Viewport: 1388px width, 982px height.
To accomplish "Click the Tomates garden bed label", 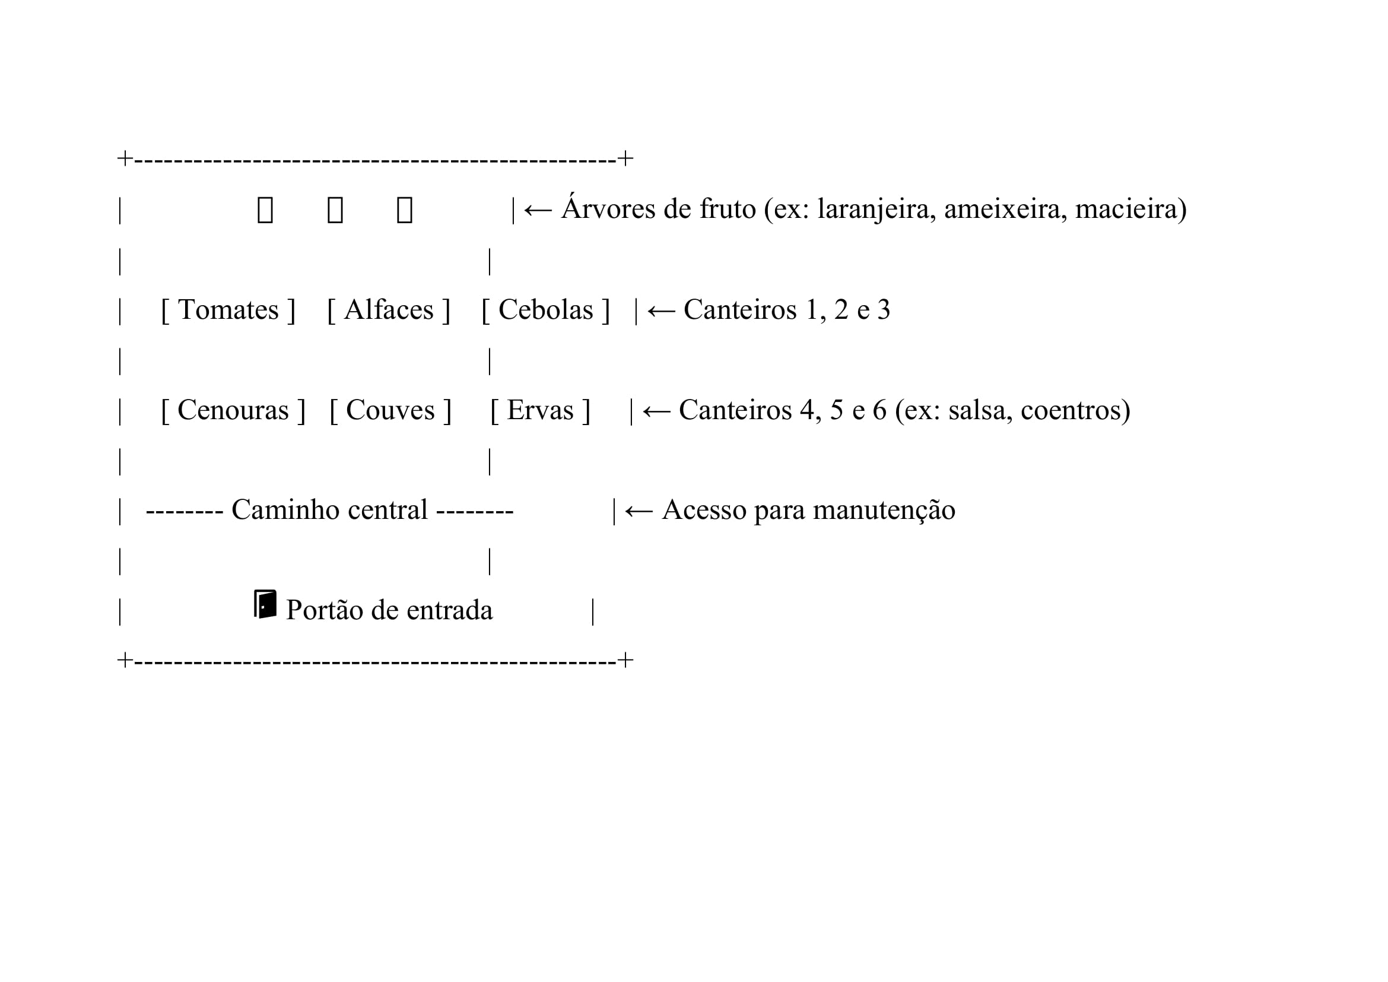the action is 228,310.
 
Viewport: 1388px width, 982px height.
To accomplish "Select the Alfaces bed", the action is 389,310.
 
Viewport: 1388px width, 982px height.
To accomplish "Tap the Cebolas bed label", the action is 545,310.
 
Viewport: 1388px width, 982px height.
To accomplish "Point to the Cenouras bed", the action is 233,411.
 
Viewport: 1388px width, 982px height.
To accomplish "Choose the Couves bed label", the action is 390,411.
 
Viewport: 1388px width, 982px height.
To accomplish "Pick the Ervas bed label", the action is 540,411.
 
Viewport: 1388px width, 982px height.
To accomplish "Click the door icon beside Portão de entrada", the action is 265,604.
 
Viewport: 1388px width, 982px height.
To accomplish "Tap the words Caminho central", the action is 329,510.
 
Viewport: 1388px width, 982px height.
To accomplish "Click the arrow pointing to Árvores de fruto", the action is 538,210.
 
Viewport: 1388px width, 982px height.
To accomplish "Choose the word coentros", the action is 1075,411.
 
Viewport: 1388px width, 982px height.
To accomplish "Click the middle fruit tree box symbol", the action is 335,210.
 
